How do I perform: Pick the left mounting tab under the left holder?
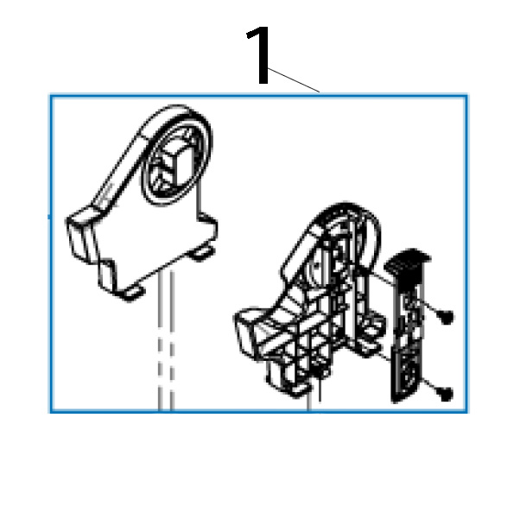pos(130,293)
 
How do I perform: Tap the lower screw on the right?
pos(446,393)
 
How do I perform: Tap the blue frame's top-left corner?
pos(51,97)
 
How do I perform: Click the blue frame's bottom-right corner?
pos(466,409)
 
